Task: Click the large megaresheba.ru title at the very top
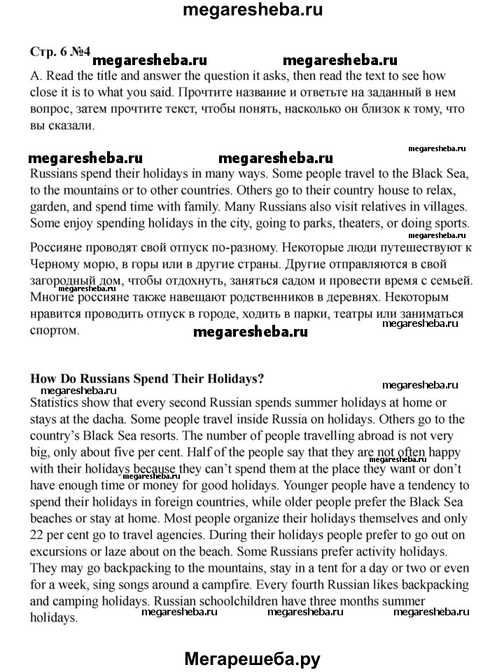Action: (252, 10)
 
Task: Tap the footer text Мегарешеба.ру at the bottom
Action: (252, 658)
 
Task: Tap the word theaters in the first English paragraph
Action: (339, 223)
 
